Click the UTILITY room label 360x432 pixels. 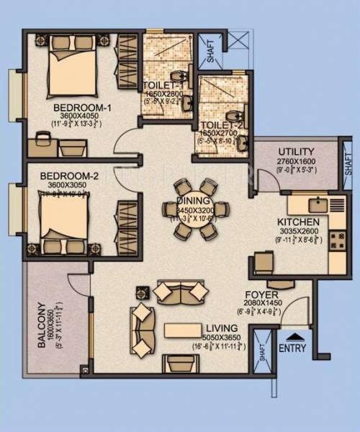[295, 151]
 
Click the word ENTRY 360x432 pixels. [292, 349]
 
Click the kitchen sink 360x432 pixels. [315, 204]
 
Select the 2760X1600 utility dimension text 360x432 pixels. [295, 161]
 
